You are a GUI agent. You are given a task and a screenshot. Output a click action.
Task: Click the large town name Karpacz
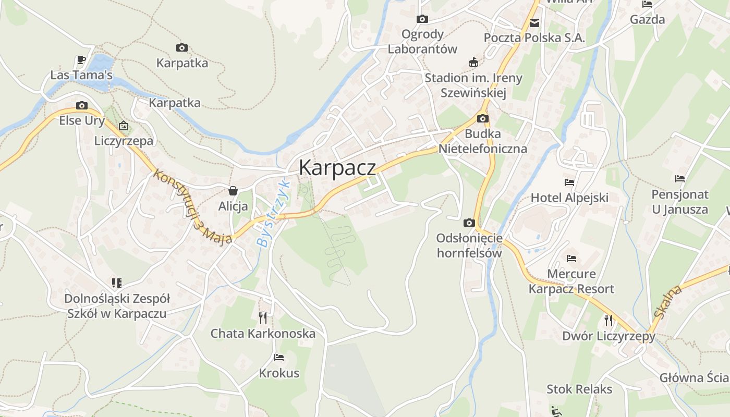pos(337,168)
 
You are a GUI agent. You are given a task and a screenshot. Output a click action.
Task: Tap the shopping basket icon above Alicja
pos(233,191)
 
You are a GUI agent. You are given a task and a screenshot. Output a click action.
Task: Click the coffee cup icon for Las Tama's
pos(81,60)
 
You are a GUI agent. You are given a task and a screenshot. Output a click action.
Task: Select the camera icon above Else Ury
pos(81,105)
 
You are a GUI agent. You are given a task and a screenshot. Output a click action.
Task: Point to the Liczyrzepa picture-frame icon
pos(124,126)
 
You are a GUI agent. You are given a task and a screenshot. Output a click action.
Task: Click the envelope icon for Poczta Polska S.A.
pos(534,23)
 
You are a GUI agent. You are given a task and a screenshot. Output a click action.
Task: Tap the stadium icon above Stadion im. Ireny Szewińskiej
pos(473,63)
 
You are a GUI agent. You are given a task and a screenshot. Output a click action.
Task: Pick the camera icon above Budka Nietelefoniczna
pos(482,118)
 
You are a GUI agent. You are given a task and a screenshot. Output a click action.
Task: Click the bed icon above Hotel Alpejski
pos(569,182)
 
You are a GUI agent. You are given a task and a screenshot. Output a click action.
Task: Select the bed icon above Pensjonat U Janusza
pos(679,179)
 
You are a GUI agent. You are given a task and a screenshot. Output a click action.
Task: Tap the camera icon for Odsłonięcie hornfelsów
pos(469,223)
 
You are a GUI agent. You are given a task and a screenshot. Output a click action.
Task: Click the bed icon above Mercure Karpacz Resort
pos(571,259)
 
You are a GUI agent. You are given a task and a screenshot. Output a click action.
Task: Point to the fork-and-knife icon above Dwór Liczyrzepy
pos(608,320)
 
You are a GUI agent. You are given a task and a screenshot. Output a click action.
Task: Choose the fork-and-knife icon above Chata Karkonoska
pos(263,317)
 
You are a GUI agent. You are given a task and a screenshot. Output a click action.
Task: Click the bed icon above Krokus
pos(279,358)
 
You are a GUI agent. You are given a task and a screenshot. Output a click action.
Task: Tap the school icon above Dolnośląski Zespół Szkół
pos(117,283)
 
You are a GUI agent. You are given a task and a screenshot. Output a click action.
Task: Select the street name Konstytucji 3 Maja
pos(192,207)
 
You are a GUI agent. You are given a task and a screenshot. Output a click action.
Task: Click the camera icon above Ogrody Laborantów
pos(422,19)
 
